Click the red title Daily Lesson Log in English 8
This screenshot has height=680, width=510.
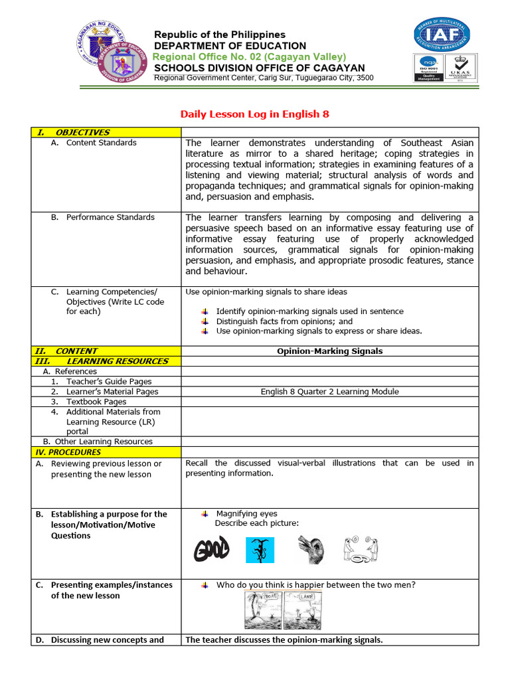coord(255,114)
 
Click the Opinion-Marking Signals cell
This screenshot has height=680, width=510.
coord(329,351)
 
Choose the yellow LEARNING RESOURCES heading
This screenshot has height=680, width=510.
coord(102,361)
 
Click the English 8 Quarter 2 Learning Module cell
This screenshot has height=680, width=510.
coord(329,392)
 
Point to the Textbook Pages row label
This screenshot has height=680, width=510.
coord(96,402)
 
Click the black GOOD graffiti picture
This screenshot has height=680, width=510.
coord(211,550)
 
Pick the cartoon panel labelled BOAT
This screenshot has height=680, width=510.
coord(263,610)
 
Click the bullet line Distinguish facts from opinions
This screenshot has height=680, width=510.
coord(284,321)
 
